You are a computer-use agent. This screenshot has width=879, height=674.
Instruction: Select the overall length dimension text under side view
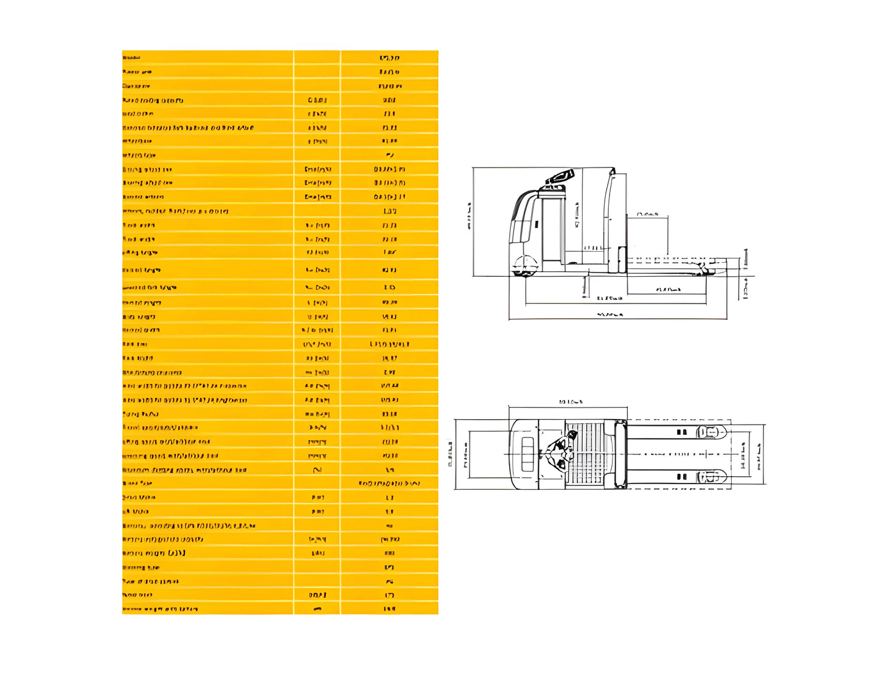610,314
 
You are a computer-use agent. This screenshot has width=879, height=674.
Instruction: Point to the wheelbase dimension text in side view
610,298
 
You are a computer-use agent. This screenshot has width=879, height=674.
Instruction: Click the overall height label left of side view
469,221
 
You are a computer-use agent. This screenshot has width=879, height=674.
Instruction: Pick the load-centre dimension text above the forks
648,214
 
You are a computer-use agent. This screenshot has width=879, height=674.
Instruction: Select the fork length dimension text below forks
669,290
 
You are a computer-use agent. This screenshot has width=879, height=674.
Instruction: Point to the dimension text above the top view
570,401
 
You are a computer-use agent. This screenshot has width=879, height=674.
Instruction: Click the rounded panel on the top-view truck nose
527,454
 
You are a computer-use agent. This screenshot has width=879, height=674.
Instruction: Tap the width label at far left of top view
450,454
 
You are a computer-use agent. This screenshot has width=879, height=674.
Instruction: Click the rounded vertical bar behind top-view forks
620,454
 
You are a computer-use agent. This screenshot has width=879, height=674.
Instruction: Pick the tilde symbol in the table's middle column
317,470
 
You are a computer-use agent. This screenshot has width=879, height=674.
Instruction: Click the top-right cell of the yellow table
389,58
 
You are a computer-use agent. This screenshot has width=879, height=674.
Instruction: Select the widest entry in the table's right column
389,484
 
